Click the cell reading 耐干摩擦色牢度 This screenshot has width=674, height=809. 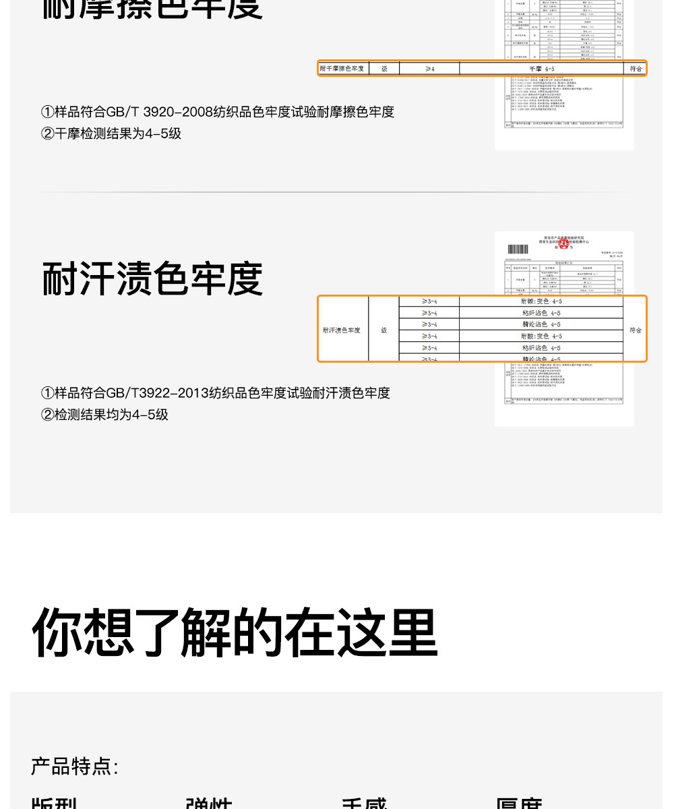(x=342, y=69)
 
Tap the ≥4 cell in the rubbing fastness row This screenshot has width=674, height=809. (x=429, y=69)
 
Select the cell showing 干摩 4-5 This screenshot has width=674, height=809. (x=541, y=69)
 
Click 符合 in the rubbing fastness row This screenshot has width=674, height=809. (x=636, y=69)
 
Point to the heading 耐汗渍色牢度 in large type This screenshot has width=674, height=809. (x=152, y=278)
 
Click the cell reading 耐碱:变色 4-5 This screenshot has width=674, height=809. (x=541, y=301)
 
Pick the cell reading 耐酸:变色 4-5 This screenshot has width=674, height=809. (x=541, y=336)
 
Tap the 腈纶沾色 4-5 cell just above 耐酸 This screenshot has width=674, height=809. (x=541, y=324)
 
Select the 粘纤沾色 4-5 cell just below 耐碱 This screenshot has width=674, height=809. (x=541, y=313)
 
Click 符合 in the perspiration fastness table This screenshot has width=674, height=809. (x=636, y=330)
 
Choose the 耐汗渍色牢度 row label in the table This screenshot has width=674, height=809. (x=342, y=330)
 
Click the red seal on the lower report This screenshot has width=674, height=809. (x=563, y=244)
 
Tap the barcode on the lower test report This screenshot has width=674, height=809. (x=518, y=249)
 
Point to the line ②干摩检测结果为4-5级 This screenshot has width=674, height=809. (x=111, y=133)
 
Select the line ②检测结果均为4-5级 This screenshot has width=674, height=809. (x=104, y=415)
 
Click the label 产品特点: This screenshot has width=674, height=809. (x=74, y=767)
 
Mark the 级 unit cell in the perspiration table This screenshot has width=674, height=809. (x=384, y=330)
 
